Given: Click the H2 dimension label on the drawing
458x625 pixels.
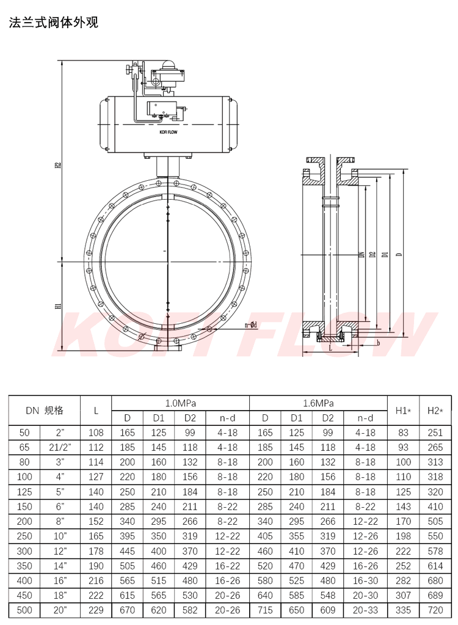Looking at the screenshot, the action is (58, 164).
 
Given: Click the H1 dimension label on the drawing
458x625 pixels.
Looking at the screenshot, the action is (58, 306).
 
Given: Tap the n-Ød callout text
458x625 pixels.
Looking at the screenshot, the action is (250, 325).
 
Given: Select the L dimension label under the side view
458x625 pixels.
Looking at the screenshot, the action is (330, 348).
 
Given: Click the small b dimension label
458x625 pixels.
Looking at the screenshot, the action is (378, 343).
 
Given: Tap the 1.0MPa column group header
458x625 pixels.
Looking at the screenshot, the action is (180, 403).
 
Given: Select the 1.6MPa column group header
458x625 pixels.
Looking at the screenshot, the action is (318, 403).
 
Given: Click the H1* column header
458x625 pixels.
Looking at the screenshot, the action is (403, 411).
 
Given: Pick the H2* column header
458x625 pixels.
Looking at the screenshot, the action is (435, 411).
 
